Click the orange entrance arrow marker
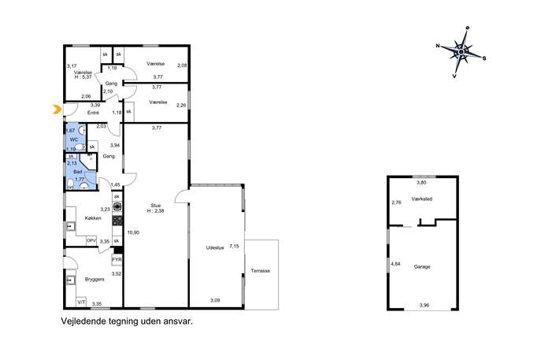pyautogui.click(x=56, y=109)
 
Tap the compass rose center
pyautogui.click(x=461, y=52)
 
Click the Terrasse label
pyautogui.click(x=261, y=271)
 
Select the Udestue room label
pyautogui.click(x=215, y=247)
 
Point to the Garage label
pyautogui.click(x=422, y=267)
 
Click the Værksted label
pyautogui.click(x=421, y=199)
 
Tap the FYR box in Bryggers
pyautogui.click(x=117, y=260)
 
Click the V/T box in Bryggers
pyautogui.click(x=81, y=302)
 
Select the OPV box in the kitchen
pyautogui.click(x=91, y=241)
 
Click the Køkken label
pyautogui.click(x=93, y=218)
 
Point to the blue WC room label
pyautogui.click(x=74, y=139)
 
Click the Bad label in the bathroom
pyautogui.click(x=78, y=172)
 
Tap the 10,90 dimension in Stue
pyautogui.click(x=133, y=232)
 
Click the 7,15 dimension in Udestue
pyautogui.click(x=234, y=246)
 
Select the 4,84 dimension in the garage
pyautogui.click(x=395, y=264)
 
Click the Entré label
pyautogui.click(x=93, y=113)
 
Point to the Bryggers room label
pyautogui.click(x=94, y=279)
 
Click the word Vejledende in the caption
pyautogui.click(x=82, y=321)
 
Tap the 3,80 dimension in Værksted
pyautogui.click(x=421, y=183)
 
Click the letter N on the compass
pyautogui.click(x=438, y=45)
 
